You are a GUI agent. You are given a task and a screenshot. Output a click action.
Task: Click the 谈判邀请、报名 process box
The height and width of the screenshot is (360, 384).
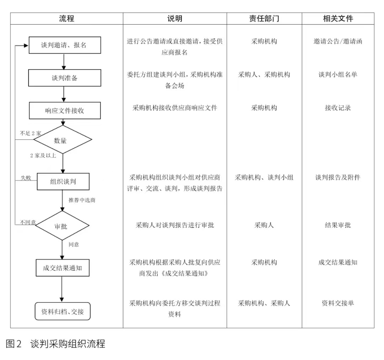pyautogui.click(x=65, y=45)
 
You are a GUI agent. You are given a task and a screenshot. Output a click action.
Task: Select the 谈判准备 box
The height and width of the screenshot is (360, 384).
pyautogui.click(x=65, y=78)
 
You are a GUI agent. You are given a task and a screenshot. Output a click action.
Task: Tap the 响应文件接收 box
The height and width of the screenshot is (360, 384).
pyautogui.click(x=65, y=111)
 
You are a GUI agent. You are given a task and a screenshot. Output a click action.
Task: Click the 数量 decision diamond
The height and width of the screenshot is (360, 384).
pyautogui.click(x=63, y=140)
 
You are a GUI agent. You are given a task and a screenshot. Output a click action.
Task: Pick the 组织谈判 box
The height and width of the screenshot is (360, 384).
pyautogui.click(x=63, y=182)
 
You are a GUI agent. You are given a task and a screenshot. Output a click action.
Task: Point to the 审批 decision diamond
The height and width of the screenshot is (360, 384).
pyautogui.click(x=62, y=226)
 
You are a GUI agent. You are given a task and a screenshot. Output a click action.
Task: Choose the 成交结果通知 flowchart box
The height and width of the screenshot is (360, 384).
pyautogui.click(x=63, y=268)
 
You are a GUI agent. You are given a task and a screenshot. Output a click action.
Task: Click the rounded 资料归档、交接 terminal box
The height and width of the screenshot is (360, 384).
pyautogui.click(x=63, y=311)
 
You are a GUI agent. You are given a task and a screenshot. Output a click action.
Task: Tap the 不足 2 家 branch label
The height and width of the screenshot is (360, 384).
pyautogui.click(x=31, y=133)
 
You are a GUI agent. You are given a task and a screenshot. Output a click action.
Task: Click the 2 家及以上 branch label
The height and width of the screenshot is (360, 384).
pyautogui.click(x=43, y=156)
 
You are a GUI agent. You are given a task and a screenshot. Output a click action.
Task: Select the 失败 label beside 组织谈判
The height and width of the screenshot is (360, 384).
pyautogui.click(x=26, y=178)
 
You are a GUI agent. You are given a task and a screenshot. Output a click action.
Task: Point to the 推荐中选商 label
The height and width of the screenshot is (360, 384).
pyautogui.click(x=82, y=200)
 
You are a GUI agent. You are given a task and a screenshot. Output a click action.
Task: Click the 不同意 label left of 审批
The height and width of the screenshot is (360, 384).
pyautogui.click(x=28, y=222)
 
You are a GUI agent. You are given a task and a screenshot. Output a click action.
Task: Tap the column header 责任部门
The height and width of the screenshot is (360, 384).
pyautogui.click(x=264, y=18)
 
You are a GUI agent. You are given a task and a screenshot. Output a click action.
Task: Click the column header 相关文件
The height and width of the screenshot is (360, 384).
pyautogui.click(x=338, y=18)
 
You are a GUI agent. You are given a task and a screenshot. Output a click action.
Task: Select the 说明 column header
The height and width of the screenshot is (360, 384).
pyautogui.click(x=175, y=18)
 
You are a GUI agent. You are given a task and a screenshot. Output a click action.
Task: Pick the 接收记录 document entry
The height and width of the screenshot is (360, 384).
pyautogui.click(x=338, y=108)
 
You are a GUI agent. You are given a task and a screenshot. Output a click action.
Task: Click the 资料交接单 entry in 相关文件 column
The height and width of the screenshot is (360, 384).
pyautogui.click(x=338, y=303)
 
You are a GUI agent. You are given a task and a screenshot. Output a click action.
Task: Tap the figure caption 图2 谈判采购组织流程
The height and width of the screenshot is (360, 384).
pyautogui.click(x=55, y=344)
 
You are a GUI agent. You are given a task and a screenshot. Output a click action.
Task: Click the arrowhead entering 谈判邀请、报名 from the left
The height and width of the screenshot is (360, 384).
pyautogui.click(x=26, y=45)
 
